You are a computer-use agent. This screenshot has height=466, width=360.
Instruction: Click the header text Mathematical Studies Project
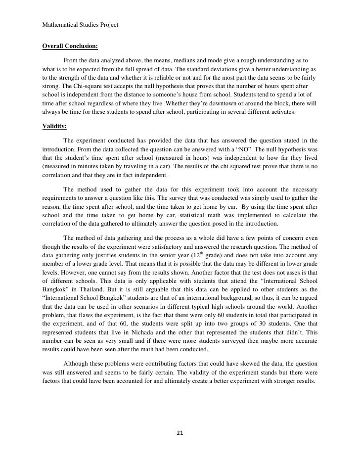coord(81,24)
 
